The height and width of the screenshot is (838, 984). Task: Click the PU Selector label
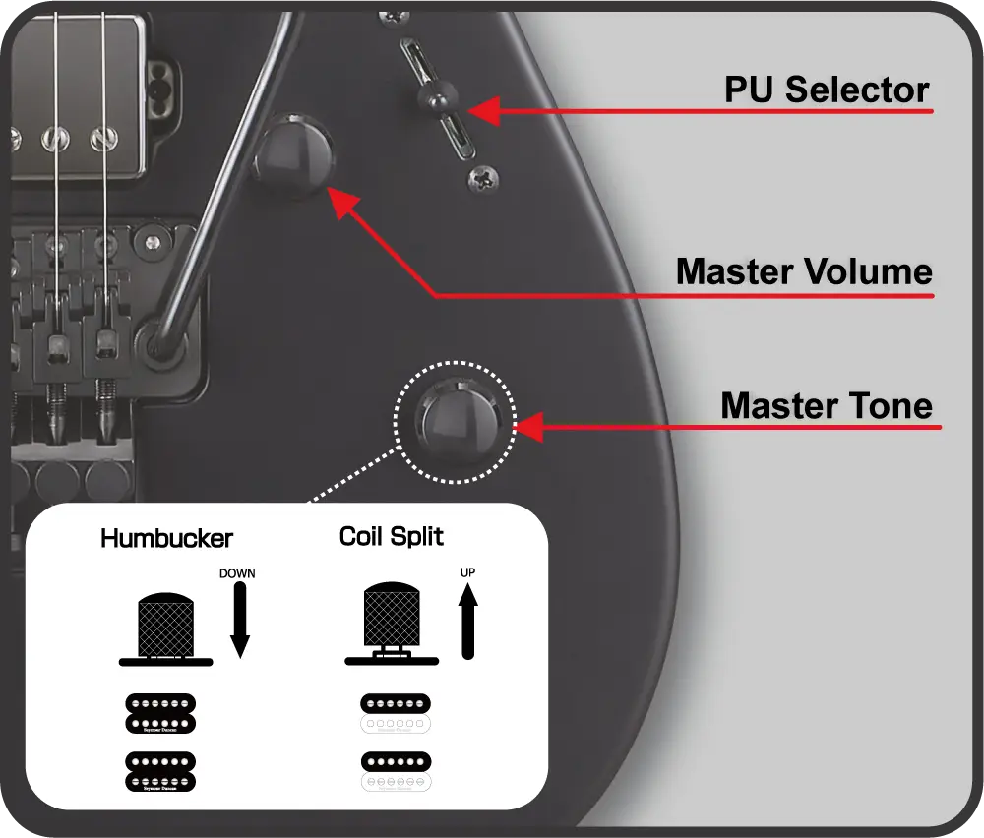tap(827, 90)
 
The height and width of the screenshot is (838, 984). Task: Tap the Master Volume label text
tap(804, 270)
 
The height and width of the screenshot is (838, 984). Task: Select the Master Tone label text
tap(827, 404)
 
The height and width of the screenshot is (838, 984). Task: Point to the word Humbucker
tap(166, 538)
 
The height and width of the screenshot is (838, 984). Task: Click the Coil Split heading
tap(391, 536)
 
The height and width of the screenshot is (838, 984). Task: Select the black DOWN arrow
tap(239, 619)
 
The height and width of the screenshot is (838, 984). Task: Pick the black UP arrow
tap(468, 620)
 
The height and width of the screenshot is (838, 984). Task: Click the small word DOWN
tap(237, 573)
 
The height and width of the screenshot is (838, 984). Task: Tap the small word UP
tap(467, 571)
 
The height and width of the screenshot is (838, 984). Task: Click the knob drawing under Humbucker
tap(165, 629)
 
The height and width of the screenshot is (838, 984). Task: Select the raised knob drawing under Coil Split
tap(392, 626)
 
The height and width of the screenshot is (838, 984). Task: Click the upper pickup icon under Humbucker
tap(160, 713)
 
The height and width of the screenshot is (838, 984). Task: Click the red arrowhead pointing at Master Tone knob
tap(527, 427)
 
